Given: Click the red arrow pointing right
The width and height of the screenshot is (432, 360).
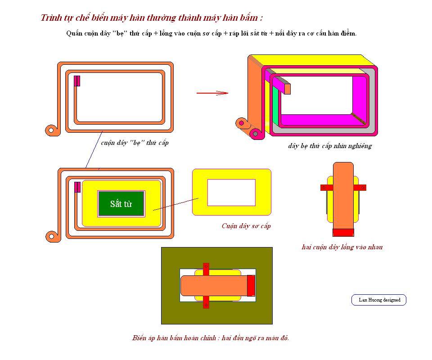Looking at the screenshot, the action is click(212, 93).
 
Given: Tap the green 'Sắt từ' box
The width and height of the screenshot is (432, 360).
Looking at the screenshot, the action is click(121, 204).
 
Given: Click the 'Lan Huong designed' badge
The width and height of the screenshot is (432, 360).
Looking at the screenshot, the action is click(379, 300).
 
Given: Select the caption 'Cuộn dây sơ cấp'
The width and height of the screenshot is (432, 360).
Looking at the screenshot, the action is click(246, 226).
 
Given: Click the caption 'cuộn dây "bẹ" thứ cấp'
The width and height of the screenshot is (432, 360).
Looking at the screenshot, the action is click(135, 143).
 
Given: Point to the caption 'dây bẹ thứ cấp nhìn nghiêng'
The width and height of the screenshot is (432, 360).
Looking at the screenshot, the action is click(330, 146).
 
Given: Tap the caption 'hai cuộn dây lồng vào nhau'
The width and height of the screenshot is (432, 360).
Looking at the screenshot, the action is click(342, 247).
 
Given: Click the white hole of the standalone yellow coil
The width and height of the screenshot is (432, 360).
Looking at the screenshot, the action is click(231, 193).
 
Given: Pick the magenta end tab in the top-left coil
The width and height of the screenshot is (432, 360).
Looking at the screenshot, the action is click(77, 81).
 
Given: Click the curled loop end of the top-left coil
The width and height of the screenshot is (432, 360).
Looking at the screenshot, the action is click(51, 130).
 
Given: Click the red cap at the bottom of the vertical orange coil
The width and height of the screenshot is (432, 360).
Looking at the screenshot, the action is click(343, 233).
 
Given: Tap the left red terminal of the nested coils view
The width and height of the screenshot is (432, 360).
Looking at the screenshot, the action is click(327, 188).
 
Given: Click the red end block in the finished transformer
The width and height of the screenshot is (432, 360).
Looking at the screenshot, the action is click(251, 286).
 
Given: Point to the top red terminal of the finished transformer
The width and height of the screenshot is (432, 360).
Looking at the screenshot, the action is click(206, 269).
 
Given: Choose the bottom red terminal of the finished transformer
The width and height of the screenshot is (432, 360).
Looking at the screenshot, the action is click(206, 302).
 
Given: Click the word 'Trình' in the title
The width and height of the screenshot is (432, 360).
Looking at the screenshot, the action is click(49, 18).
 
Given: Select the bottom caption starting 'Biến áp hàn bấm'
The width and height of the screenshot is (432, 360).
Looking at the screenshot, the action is click(211, 338).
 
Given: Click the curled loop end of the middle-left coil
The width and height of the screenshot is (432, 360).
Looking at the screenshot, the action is click(51, 236).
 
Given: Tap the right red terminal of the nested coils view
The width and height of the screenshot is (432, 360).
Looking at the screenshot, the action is click(360, 188).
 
